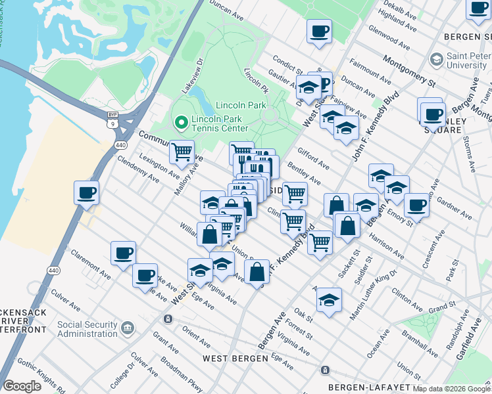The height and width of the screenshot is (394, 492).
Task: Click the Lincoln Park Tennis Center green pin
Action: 180,122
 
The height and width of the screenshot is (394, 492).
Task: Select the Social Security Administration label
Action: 87,329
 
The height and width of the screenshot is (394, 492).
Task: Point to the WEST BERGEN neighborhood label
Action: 235,358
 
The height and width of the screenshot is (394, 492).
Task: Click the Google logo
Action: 22,386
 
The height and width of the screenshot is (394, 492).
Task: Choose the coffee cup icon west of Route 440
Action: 86,194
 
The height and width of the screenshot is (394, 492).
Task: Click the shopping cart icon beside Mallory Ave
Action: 182,152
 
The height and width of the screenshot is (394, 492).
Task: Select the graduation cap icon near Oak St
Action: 329,301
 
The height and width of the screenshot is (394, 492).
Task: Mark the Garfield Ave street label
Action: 475,331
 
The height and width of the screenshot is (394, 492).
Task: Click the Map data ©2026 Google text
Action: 451,389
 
